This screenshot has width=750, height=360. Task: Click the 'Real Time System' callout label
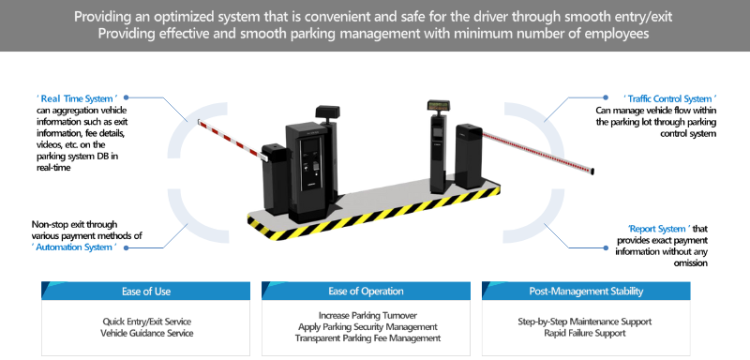click(x=77, y=99)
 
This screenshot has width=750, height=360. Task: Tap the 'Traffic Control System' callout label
click(x=669, y=99)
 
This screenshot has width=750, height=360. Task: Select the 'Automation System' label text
click(x=76, y=247)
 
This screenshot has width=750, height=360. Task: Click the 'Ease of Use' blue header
click(x=146, y=292)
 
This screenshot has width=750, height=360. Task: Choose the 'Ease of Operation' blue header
click(x=366, y=292)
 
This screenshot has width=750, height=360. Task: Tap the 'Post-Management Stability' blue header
click(x=586, y=292)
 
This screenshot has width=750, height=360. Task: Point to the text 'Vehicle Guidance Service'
click(x=146, y=333)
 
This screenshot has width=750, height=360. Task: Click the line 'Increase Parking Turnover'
click(x=367, y=316)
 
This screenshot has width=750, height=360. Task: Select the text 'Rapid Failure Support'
click(x=584, y=333)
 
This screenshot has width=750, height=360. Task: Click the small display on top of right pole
click(x=439, y=105)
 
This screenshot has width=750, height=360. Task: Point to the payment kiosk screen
click(x=308, y=146)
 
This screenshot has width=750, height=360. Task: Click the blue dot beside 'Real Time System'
click(x=127, y=97)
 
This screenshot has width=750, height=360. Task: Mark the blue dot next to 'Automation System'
click(x=127, y=247)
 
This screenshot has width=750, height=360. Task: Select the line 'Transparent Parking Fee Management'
click(x=367, y=338)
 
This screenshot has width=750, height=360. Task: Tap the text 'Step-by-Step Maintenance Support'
click(x=584, y=322)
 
